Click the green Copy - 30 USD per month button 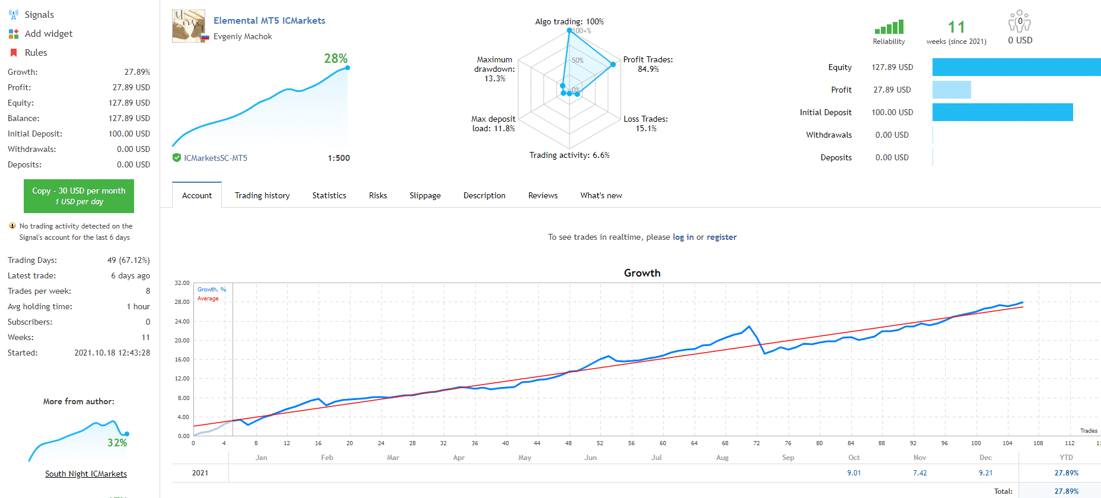coord(79,196)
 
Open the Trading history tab coord(262,195)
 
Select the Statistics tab coord(329,195)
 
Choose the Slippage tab coord(425,195)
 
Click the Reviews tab coord(543,195)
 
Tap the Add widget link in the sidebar coord(48,34)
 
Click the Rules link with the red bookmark coord(36,53)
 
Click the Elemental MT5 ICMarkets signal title coord(269,21)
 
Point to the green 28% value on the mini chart coord(336,58)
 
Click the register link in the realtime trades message coord(721,237)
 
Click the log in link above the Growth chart coord(683,237)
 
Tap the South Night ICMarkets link coord(86,474)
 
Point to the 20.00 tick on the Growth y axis coord(183,340)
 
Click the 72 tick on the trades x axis coord(756,443)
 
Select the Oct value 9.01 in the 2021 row coord(854,473)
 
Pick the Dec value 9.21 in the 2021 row coord(985,473)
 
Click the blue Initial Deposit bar coord(1003,112)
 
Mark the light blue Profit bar coord(952,90)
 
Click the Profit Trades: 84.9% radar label coord(648,64)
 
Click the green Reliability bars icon coord(889,27)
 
